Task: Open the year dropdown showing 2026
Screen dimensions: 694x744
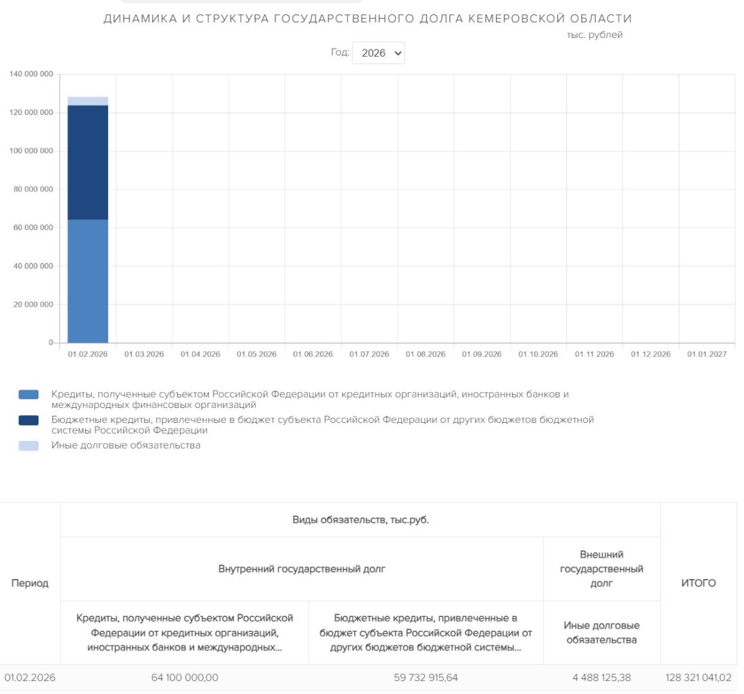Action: [x=378, y=53]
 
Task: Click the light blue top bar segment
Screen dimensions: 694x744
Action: [x=88, y=101]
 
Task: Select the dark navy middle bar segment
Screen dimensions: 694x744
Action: [x=88, y=162]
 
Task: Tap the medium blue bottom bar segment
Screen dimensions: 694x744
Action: [x=88, y=281]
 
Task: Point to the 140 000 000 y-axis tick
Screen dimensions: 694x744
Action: [x=31, y=74]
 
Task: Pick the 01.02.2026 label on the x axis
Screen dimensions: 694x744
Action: [x=88, y=354]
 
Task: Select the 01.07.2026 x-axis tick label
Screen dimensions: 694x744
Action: [x=369, y=354]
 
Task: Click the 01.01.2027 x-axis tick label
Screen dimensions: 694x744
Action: [x=707, y=354]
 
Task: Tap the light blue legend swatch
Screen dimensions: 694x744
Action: [x=28, y=446]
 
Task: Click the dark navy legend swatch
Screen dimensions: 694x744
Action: [x=28, y=420]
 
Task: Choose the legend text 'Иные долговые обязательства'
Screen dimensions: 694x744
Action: [x=126, y=446]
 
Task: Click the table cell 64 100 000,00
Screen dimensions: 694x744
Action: [x=184, y=676]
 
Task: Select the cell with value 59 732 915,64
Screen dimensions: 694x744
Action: [x=425, y=676]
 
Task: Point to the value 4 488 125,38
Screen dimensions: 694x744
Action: [x=601, y=676]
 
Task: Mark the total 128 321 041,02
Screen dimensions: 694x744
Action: [x=698, y=676]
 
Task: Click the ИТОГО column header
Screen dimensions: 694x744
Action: [x=699, y=583]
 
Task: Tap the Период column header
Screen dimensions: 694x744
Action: [x=30, y=583]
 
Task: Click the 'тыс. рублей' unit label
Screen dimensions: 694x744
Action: [x=595, y=35]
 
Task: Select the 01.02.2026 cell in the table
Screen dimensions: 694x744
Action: [x=30, y=676]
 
